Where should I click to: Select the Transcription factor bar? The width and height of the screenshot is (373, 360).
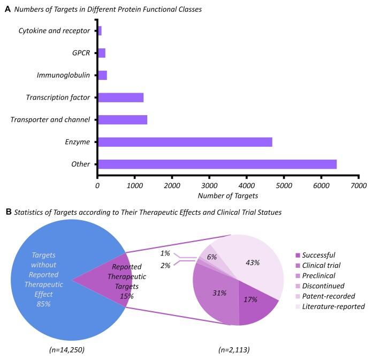[x=120, y=97]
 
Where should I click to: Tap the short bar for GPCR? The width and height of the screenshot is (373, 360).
[x=102, y=53]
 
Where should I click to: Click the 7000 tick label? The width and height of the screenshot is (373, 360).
[x=359, y=185]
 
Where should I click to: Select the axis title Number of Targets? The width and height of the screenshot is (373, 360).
[x=228, y=197]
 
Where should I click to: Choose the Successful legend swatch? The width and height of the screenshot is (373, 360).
[x=298, y=255]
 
